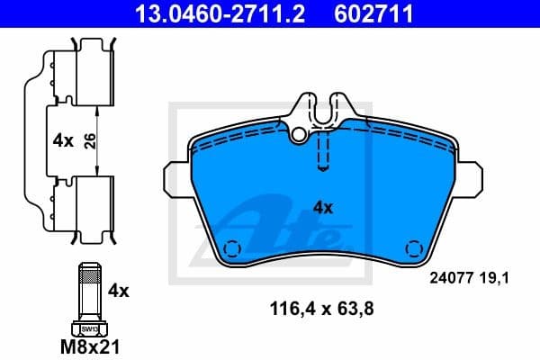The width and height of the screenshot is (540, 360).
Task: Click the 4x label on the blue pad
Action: tap(322, 207)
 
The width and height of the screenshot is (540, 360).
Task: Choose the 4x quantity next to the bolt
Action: tap(119, 291)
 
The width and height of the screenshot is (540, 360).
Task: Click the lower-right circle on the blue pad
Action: tap(414, 248)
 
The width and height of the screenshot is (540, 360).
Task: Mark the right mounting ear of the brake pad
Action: tap(471, 177)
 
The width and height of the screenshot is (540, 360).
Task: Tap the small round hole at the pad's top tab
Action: tap(298, 133)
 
